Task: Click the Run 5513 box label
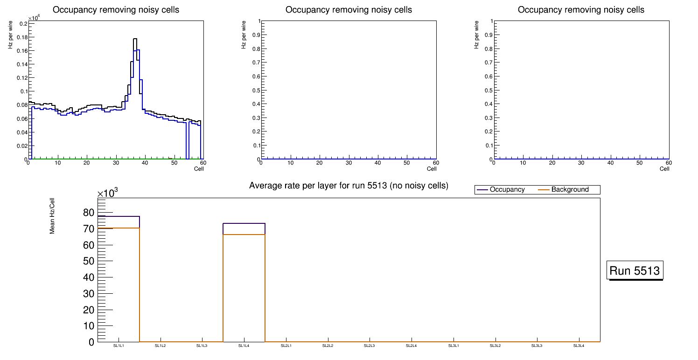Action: click(635, 270)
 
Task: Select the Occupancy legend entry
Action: click(507, 190)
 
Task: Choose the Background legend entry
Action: click(570, 190)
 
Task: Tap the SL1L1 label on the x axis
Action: click(119, 346)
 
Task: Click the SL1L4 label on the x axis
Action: click(244, 346)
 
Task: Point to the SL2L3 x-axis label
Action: click(370, 346)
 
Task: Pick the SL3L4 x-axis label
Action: click(579, 346)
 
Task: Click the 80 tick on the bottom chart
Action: click(88, 213)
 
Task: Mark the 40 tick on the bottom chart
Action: click(88, 277)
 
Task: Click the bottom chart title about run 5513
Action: click(349, 186)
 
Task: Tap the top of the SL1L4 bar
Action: click(244, 223)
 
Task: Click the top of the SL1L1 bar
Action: click(119, 216)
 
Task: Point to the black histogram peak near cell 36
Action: click(135, 39)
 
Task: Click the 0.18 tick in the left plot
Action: click(21, 37)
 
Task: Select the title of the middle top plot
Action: click(349, 10)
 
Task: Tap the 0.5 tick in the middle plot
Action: click(254, 90)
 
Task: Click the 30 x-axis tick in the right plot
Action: click(581, 163)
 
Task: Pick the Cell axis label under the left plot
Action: click(199, 168)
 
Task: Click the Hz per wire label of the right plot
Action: click(476, 35)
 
